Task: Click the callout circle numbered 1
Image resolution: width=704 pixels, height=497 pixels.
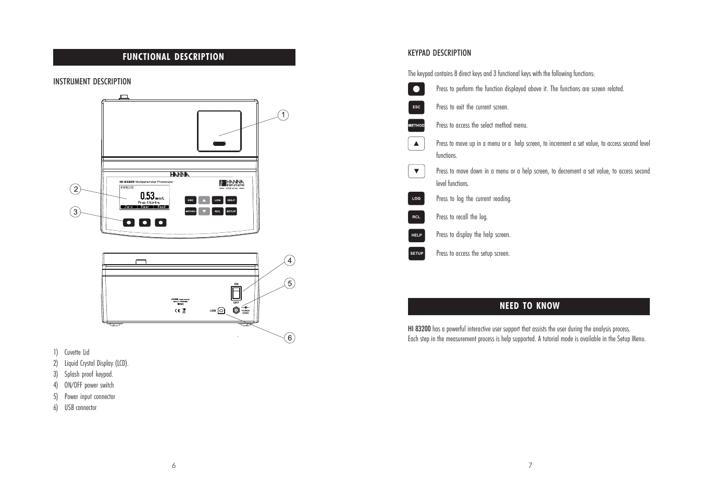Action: (x=283, y=115)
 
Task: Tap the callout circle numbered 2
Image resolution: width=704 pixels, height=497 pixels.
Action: (x=76, y=189)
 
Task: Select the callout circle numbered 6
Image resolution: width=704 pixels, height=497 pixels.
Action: (x=290, y=338)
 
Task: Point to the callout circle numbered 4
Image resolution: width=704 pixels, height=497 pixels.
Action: (x=290, y=260)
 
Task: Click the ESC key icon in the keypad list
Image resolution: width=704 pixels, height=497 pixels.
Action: (x=416, y=107)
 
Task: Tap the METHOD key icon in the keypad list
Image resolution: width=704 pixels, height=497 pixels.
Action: (x=416, y=126)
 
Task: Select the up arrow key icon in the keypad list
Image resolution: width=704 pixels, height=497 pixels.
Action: (x=416, y=143)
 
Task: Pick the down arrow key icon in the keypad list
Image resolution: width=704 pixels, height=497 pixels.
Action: (x=416, y=171)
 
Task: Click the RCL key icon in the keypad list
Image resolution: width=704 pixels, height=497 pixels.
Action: (x=416, y=217)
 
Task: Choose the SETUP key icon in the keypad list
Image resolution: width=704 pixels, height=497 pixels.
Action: (x=416, y=253)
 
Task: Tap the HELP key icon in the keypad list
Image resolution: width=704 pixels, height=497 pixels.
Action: (x=416, y=235)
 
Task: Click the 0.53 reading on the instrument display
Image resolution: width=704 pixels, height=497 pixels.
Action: (x=147, y=196)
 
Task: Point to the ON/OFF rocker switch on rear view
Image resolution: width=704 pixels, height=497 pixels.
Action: (x=236, y=292)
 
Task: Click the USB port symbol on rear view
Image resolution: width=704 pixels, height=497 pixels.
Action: (x=221, y=310)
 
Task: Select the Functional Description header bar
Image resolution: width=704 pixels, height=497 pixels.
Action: (x=174, y=57)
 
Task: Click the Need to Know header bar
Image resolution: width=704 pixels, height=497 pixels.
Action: (x=528, y=306)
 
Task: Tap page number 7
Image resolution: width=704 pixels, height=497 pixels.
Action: (x=530, y=465)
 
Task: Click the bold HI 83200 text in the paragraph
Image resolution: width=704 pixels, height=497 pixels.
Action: (x=419, y=329)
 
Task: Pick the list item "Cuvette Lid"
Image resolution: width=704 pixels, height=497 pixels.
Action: (x=77, y=352)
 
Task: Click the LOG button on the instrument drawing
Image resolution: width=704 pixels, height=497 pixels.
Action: (x=218, y=200)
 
